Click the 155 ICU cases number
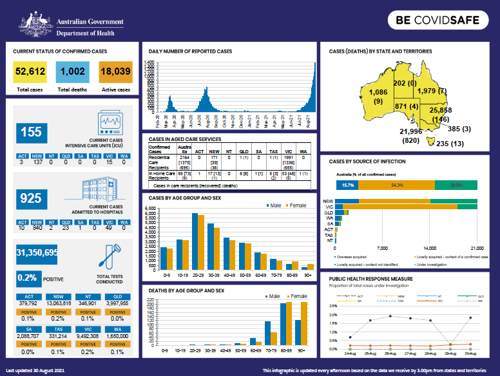coord(31,132)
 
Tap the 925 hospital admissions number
coord(31,198)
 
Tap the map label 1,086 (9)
coord(378,97)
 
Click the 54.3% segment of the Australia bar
coord(397,185)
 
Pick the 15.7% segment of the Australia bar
coord(348,185)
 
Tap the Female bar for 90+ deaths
coord(305,324)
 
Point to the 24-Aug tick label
coord(349,354)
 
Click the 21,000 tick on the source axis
coord(477,248)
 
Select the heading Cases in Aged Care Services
coord(185,138)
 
